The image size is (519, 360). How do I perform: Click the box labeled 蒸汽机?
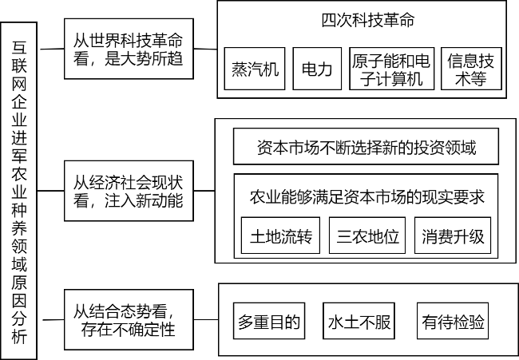tap(255, 69)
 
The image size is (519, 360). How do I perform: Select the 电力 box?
tap(317, 69)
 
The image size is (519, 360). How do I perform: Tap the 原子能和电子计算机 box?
tap(392, 69)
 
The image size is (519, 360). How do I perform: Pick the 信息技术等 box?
tap(471, 69)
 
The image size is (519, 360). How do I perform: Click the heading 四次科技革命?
tap(368, 20)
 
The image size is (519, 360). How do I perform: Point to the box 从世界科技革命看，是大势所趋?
tap(129, 49)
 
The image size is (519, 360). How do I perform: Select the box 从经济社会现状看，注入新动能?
tap(129, 191)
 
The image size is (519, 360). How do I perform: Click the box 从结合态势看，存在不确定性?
tap(129, 319)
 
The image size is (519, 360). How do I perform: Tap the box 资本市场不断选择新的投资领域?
tap(366, 146)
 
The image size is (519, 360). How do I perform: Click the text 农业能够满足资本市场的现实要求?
tap(366, 197)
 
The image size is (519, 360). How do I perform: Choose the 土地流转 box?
tap(281, 235)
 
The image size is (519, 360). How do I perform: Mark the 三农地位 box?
tap(367, 235)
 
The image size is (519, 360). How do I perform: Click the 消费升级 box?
tap(453, 235)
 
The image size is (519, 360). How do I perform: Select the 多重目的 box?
tap(269, 321)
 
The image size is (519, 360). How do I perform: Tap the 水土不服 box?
tap(359, 321)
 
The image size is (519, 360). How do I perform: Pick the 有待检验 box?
tap(453, 321)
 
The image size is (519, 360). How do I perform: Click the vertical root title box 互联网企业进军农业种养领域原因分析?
tap(19, 191)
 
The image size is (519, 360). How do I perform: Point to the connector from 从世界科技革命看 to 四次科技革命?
tap(205, 49)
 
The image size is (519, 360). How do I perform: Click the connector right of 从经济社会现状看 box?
tap(204, 191)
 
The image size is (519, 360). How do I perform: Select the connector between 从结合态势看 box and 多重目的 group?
tap(206, 319)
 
